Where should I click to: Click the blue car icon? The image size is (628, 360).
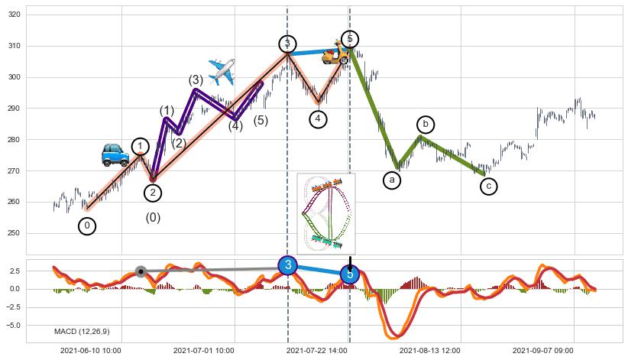click(115, 154)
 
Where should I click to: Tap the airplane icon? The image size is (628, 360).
click(222, 72)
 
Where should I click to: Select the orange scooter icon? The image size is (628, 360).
click(334, 53)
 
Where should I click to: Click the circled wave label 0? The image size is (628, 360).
click(87, 225)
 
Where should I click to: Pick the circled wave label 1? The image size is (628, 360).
click(140, 147)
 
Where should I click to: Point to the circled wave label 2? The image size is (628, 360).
click(153, 193)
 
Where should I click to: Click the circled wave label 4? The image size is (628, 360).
click(319, 119)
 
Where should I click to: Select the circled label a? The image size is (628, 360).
click(392, 180)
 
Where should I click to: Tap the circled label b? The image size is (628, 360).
click(426, 124)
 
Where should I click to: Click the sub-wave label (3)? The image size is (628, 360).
click(196, 80)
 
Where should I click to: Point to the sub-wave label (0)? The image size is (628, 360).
click(153, 218)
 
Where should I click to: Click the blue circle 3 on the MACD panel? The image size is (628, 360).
click(287, 265)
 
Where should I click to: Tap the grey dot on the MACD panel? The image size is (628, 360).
click(141, 271)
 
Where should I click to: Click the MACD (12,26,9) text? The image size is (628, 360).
click(82, 331)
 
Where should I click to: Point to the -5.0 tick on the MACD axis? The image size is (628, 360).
click(35, 325)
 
